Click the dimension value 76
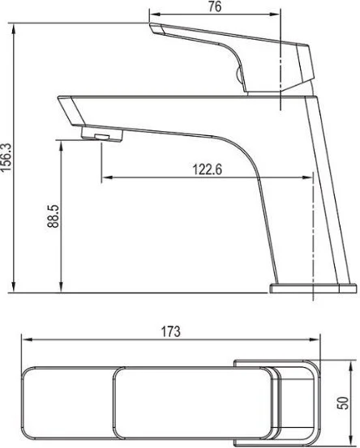pos(214,6)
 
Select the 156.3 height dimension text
pos(6,157)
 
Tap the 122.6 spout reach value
pos(207,169)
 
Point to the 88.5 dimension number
pos(54,216)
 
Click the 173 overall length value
pos(171,331)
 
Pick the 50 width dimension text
pos(343,403)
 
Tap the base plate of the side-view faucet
pos(313,288)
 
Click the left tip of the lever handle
pos(150,24)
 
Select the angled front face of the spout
pos(71,111)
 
